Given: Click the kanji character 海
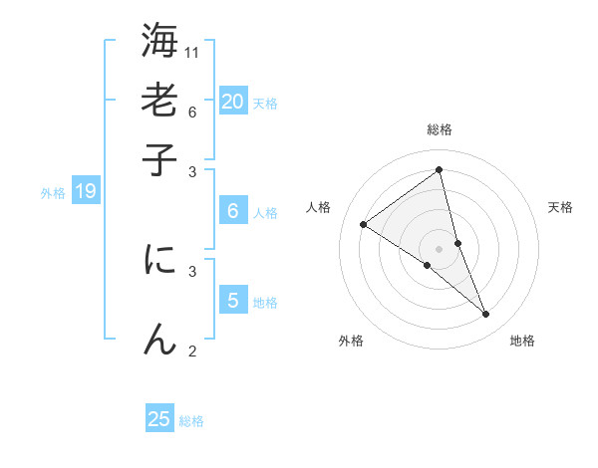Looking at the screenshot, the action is point(159,43).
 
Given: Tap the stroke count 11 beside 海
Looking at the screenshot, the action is point(193,52).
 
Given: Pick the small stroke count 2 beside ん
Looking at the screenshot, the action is point(192,351).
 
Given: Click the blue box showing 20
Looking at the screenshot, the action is point(232,101).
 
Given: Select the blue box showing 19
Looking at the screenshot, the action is point(85,191).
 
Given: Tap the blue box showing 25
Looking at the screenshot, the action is point(159,419).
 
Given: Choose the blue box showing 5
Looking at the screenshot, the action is point(232,300).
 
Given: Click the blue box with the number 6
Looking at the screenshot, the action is point(232,210).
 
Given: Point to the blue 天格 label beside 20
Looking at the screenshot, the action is point(265,104).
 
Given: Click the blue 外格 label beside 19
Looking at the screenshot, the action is point(52,193).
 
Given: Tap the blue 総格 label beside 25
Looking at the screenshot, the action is point(191,421).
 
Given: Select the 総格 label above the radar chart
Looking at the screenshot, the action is point(440,129).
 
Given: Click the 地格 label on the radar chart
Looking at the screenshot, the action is point(522,341).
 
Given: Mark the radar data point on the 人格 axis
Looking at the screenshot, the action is point(363,225).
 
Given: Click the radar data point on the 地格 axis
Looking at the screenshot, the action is point(486,315).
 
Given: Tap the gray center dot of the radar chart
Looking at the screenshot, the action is point(440,248).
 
